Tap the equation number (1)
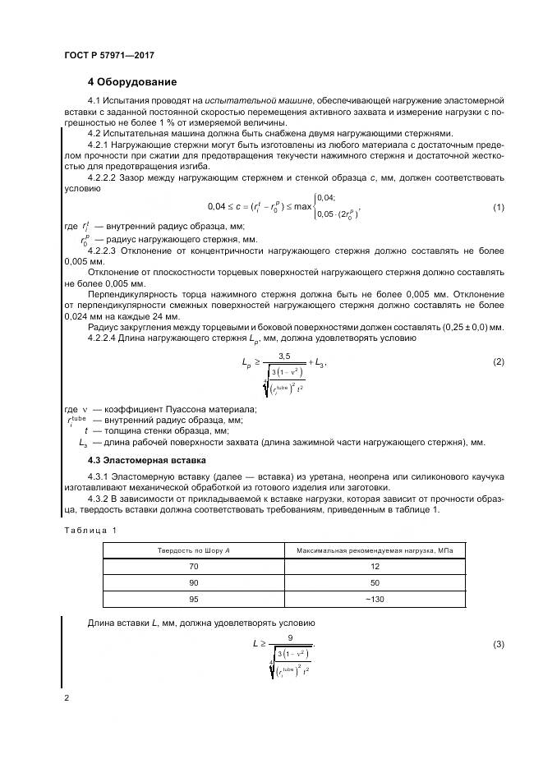498,207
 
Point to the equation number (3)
498,644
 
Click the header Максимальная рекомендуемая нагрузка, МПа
375,550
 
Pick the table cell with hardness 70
194,568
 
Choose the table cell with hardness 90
194,583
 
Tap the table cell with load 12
375,568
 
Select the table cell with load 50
375,583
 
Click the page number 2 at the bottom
66,697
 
